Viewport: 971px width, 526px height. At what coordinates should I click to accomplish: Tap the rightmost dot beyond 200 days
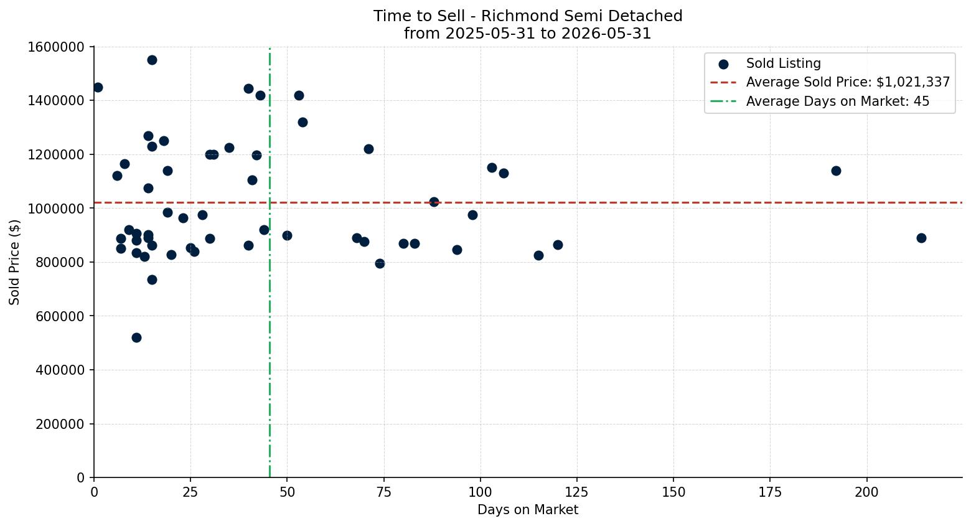pyautogui.click(x=921, y=238)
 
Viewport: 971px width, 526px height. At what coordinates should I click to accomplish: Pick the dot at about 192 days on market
pyautogui.click(x=836, y=171)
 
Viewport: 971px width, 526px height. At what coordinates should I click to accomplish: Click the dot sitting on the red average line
pyautogui.click(x=434, y=202)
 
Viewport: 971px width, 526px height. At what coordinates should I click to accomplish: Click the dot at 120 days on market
pyautogui.click(x=558, y=245)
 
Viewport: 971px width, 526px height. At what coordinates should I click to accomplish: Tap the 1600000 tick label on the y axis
pyautogui.click(x=56, y=47)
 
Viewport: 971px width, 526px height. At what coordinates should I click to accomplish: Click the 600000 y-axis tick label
pyautogui.click(x=60, y=317)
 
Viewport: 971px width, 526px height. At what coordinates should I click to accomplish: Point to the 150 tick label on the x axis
pyautogui.click(x=673, y=492)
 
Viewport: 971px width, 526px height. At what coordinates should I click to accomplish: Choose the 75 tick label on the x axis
pyautogui.click(x=383, y=492)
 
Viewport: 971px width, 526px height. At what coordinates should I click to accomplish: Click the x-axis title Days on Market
pyautogui.click(x=528, y=510)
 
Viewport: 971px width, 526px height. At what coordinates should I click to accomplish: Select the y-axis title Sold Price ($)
pyautogui.click(x=14, y=262)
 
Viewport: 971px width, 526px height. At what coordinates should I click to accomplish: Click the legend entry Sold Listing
pyautogui.click(x=783, y=63)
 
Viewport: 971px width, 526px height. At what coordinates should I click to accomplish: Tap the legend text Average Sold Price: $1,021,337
pyautogui.click(x=848, y=82)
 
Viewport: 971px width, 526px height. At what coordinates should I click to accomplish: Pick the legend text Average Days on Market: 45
pyautogui.click(x=838, y=101)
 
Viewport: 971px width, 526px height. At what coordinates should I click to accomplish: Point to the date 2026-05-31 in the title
pyautogui.click(x=606, y=34)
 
